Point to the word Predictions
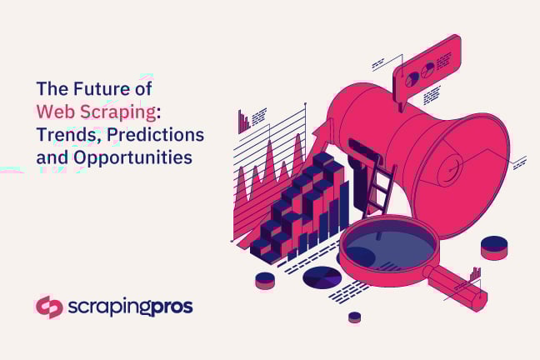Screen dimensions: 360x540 [x=157, y=134]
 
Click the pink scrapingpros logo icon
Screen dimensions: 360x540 [x=49, y=307]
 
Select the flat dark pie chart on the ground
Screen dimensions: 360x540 [x=322, y=277]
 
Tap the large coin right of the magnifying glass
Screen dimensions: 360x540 [x=494, y=247]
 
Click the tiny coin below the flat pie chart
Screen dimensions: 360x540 [x=354, y=317]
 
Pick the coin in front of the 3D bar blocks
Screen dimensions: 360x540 [x=265, y=280]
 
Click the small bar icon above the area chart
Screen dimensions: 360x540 [x=243, y=122]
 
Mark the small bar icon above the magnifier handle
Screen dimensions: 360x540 [x=474, y=273]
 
